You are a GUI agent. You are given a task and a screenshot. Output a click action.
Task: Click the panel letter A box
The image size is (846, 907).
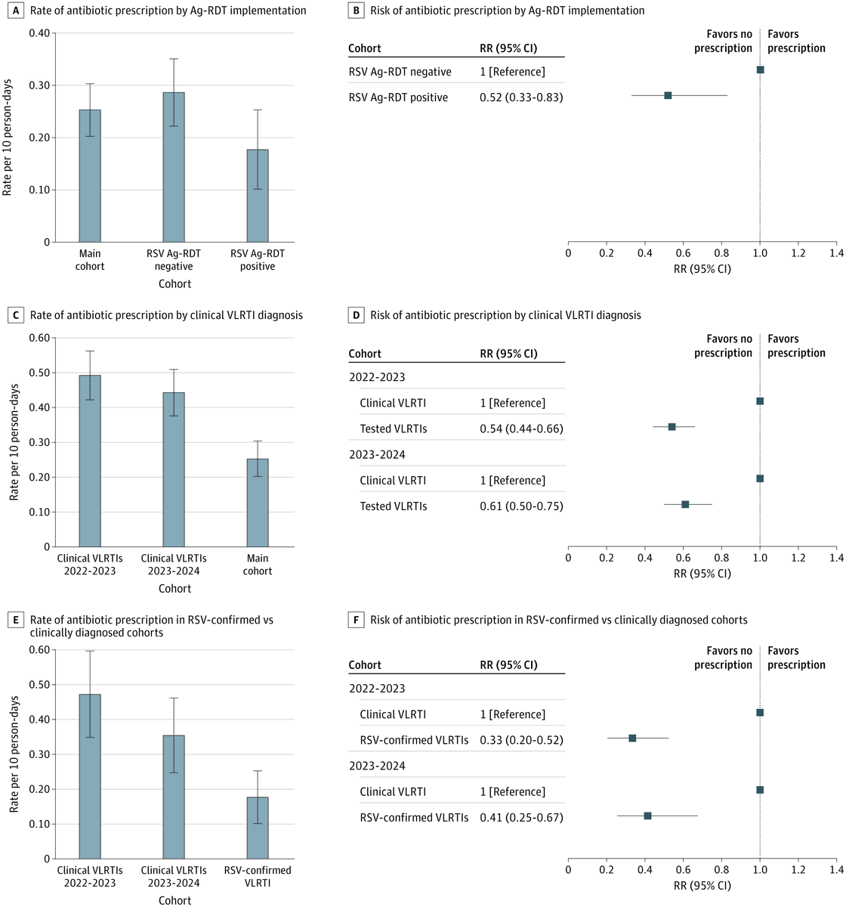click(x=17, y=11)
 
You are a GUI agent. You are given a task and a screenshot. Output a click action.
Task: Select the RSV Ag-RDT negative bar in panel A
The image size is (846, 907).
click(x=174, y=167)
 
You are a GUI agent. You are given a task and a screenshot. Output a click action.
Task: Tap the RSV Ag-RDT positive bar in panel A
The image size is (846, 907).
click(x=258, y=196)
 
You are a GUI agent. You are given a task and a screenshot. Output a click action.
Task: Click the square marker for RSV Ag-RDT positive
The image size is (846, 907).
click(x=668, y=95)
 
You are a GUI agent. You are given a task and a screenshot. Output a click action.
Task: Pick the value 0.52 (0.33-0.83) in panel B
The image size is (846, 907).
click(x=521, y=98)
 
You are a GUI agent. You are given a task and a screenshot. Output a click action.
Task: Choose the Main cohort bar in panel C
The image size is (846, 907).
click(x=258, y=503)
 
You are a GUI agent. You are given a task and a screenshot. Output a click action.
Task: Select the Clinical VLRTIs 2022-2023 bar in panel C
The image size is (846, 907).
click(x=90, y=461)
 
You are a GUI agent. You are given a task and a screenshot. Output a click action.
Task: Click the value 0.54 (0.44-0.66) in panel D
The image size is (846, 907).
click(x=521, y=429)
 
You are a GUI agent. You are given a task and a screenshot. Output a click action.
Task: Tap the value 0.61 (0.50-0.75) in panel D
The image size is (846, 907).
click(x=521, y=506)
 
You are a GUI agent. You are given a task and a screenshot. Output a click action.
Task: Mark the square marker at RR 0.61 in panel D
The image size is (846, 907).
click(x=685, y=504)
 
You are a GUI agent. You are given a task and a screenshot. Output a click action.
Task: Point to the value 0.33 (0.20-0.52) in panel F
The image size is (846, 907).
click(x=521, y=740)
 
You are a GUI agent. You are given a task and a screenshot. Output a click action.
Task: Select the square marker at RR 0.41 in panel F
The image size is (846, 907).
click(x=647, y=816)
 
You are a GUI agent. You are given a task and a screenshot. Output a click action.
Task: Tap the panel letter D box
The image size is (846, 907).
click(x=357, y=314)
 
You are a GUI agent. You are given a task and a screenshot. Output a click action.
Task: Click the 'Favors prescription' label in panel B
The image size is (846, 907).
click(x=796, y=41)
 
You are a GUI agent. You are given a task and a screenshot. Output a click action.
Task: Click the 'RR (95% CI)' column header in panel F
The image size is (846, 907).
click(x=508, y=665)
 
